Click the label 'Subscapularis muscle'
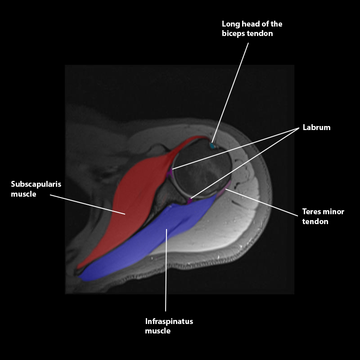coord(36,189)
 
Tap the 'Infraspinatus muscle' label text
coord(169,326)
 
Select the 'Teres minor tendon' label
coord(323,216)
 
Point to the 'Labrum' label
coord(316,127)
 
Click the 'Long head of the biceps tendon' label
coord(252,29)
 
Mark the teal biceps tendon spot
coord(212,146)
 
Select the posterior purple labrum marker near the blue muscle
coord(190,200)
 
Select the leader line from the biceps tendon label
coord(232,90)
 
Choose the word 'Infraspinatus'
coord(169,322)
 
